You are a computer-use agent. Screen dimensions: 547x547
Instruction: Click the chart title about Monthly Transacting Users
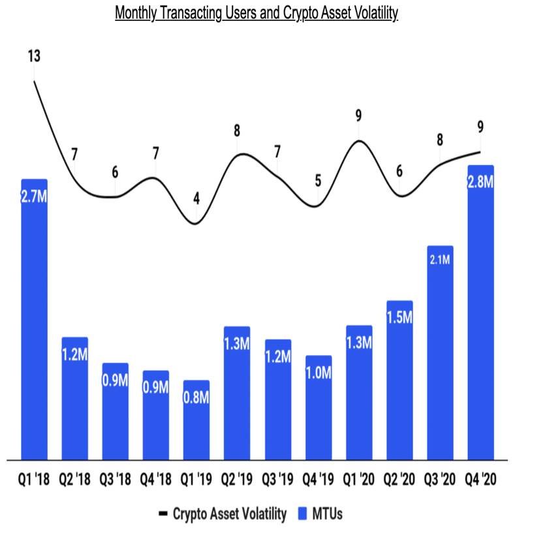[257, 14]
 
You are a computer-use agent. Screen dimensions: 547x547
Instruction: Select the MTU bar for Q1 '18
[34, 320]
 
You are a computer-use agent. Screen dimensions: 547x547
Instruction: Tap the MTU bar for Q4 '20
[480, 313]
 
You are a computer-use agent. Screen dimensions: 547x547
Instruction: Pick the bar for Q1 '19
[196, 421]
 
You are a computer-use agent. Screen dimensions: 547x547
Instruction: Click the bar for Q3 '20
[440, 352]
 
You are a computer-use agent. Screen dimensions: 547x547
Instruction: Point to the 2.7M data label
[34, 196]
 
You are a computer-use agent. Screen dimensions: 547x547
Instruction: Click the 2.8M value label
[480, 183]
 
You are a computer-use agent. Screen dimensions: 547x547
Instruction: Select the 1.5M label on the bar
[399, 318]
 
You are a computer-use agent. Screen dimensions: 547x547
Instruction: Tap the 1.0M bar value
[318, 373]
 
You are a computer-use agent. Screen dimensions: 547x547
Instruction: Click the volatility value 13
[34, 56]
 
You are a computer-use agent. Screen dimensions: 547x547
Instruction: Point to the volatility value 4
[196, 197]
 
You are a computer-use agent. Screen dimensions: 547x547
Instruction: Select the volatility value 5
[318, 180]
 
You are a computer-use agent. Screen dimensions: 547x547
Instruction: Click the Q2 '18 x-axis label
[74, 480]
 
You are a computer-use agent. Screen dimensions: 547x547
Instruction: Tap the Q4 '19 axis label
[318, 480]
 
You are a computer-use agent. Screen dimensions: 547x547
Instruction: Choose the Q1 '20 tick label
[359, 480]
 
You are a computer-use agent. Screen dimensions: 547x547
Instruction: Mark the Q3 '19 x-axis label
[277, 480]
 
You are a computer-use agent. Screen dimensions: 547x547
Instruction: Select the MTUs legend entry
[327, 514]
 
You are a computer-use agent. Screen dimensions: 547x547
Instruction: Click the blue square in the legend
[302, 514]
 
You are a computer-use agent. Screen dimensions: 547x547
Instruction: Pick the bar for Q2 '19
[237, 392]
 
